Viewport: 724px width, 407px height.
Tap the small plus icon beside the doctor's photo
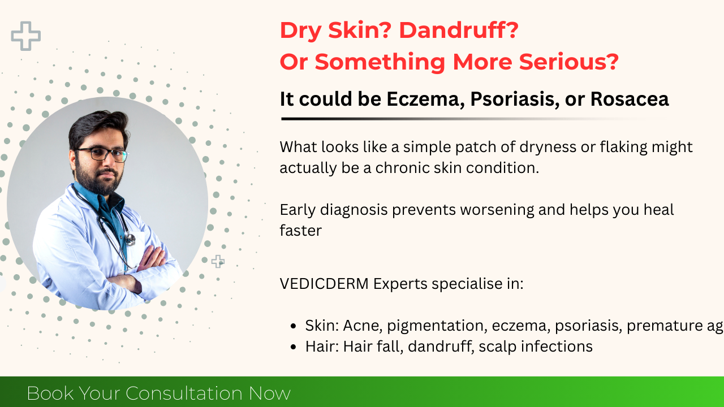tap(218, 261)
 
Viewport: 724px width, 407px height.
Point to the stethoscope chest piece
tap(130, 239)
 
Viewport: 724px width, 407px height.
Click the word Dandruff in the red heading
tap(459, 31)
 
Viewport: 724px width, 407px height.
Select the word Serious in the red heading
tap(569, 62)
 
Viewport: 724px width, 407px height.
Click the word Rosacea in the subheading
tap(630, 99)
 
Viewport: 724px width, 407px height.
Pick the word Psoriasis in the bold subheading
tap(515, 99)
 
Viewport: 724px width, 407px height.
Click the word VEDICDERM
tap(324, 284)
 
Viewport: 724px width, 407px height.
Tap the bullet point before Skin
tap(293, 326)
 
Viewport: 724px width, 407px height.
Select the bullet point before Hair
tap(293, 347)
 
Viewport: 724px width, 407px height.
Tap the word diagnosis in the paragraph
tap(354, 210)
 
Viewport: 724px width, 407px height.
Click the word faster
tap(300, 231)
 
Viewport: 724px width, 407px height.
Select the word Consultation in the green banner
tap(184, 393)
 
